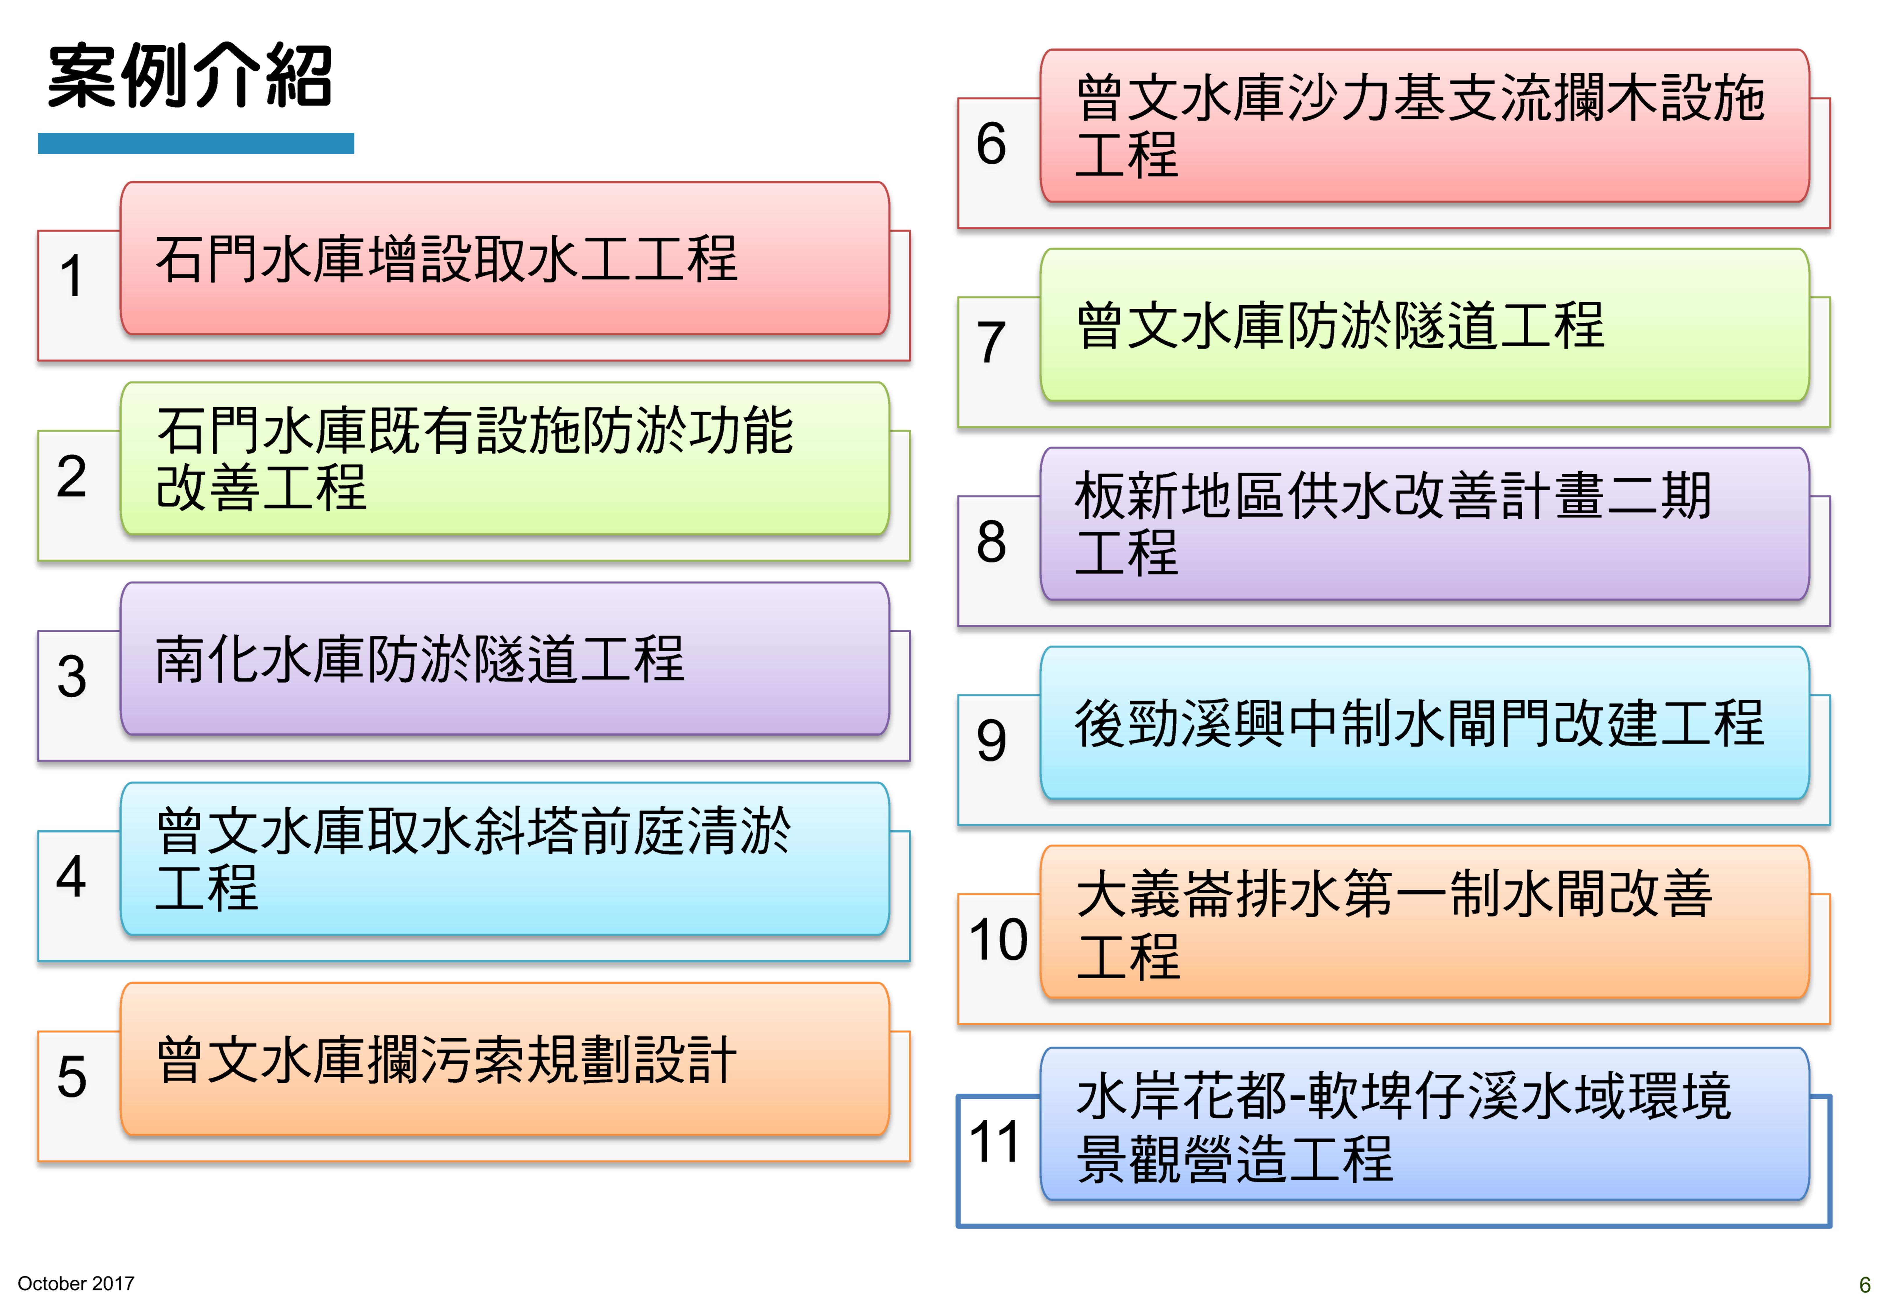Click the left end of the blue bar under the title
[x=38, y=143]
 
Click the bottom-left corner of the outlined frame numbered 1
[x=38, y=360]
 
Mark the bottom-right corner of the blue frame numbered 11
[x=1830, y=1226]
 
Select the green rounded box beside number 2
[x=505, y=459]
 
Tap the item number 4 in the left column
[x=71, y=876]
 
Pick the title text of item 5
[x=446, y=1060]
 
